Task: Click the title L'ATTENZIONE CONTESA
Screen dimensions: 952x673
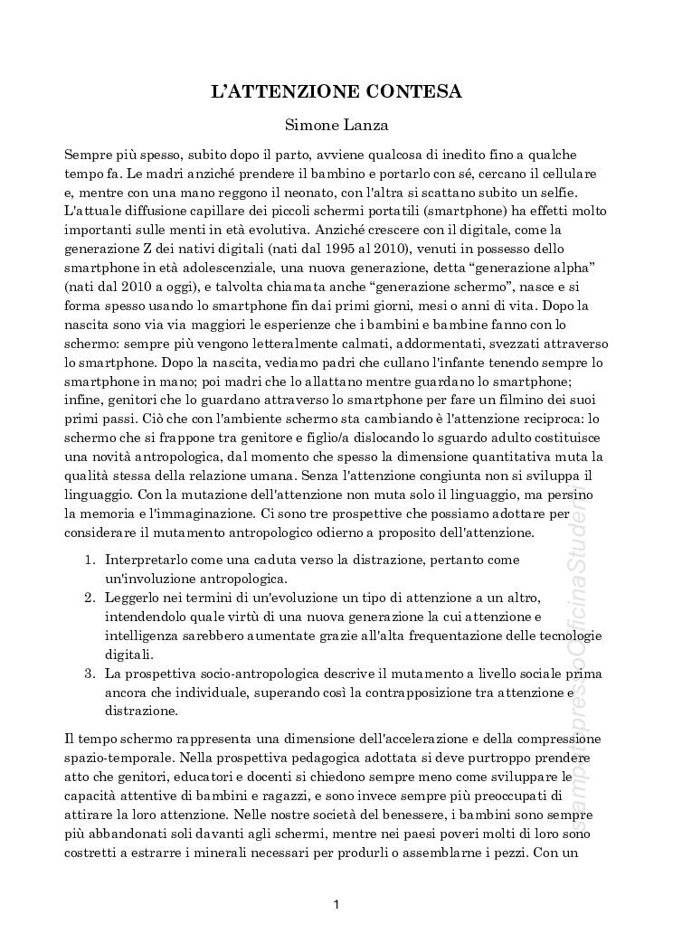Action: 336,91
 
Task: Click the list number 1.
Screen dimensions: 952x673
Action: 90,561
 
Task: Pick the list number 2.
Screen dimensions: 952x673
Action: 90,599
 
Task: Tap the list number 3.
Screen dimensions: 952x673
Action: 90,674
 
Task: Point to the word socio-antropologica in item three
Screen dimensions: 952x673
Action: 269,674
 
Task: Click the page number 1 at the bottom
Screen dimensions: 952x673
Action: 336,904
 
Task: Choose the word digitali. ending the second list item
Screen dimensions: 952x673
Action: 129,655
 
